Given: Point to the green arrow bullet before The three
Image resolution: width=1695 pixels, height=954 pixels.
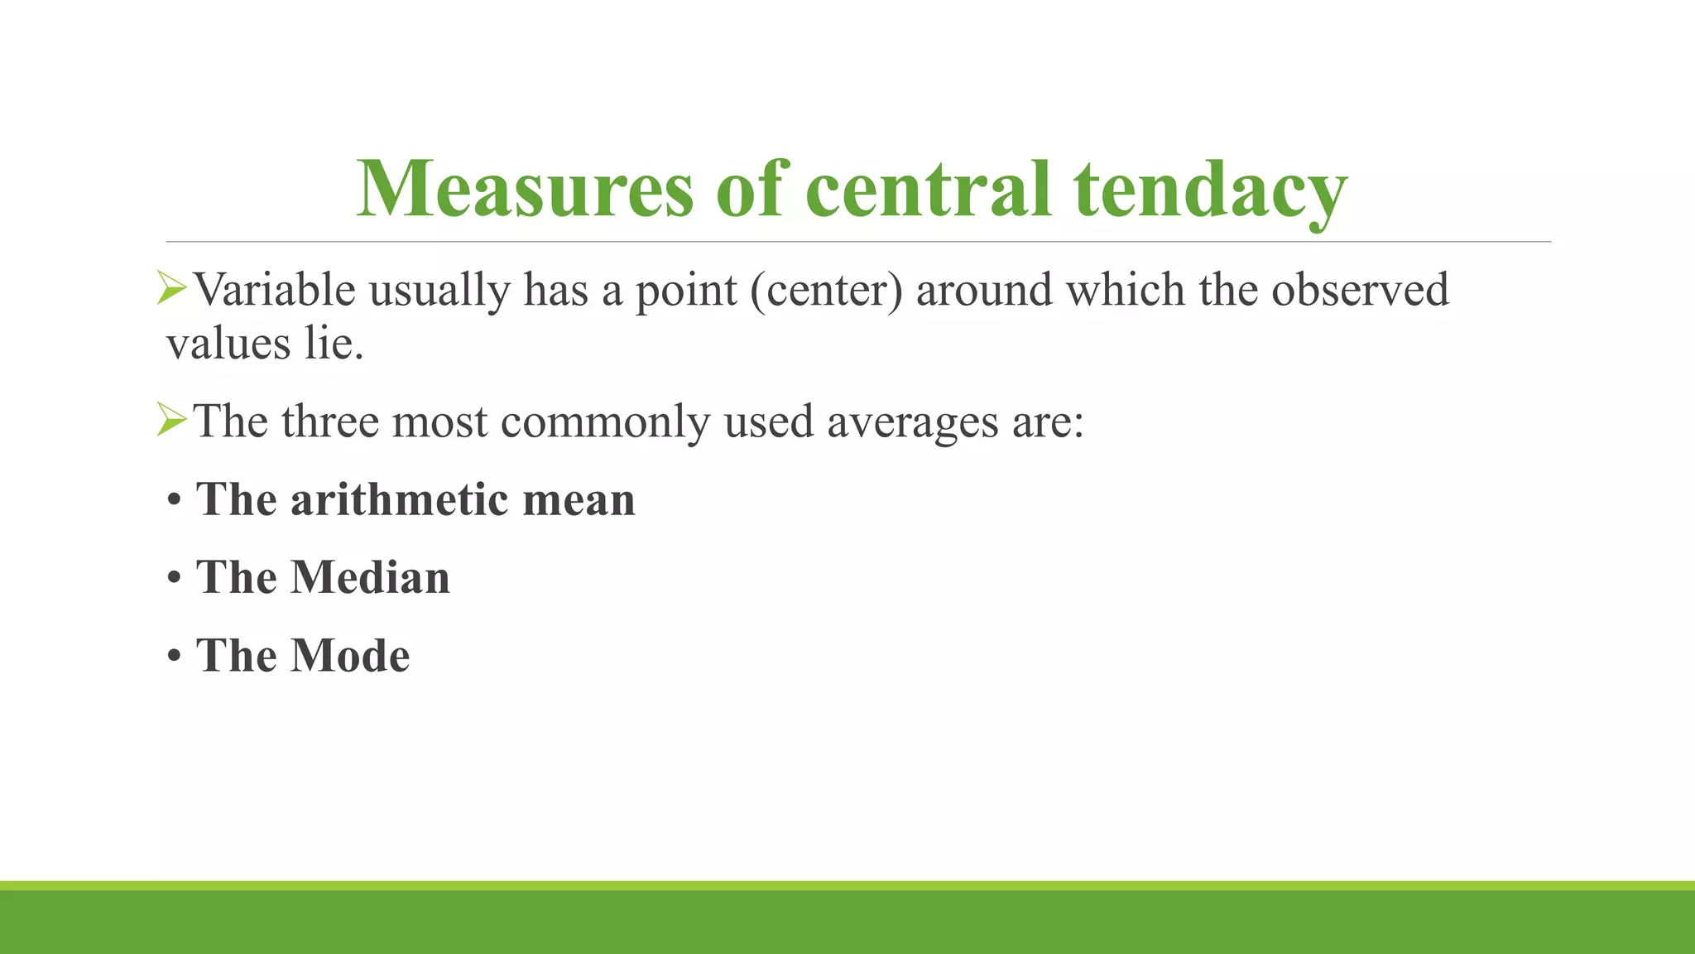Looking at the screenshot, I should [171, 421].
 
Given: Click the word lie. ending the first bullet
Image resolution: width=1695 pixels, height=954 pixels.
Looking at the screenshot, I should [334, 343].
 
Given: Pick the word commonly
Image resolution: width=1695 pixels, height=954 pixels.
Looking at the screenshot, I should [605, 422].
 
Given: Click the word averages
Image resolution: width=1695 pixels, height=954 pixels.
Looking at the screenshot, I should [913, 422].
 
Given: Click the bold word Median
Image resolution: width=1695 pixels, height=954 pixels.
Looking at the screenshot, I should [370, 577].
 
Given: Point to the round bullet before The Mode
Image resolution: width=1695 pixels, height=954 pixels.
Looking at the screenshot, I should [174, 657].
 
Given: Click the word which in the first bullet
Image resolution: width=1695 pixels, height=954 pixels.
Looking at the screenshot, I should [1125, 290].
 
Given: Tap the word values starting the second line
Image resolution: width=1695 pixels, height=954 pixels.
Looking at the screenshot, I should [228, 343].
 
